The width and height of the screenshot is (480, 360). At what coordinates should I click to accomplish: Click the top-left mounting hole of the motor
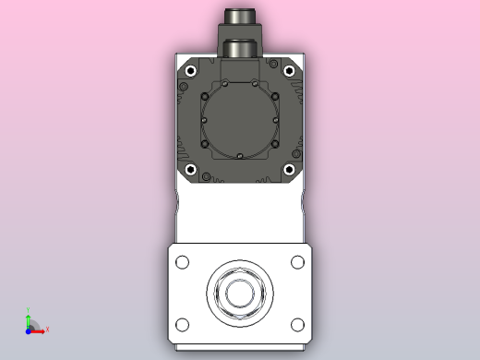(x=190, y=71)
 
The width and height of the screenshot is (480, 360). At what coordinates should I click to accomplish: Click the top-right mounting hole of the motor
(x=289, y=71)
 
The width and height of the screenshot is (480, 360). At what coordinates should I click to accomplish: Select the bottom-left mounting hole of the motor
(x=190, y=170)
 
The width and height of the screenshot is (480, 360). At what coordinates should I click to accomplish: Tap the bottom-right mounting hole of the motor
(x=289, y=170)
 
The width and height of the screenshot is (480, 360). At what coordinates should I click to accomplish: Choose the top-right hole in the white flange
(x=297, y=262)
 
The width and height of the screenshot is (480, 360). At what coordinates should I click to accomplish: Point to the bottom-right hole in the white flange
(x=297, y=325)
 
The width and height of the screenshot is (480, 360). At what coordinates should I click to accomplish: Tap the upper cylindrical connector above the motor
(x=240, y=16)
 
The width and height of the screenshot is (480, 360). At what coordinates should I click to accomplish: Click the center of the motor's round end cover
(x=239, y=120)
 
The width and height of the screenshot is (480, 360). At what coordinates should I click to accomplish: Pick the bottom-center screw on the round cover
(x=239, y=157)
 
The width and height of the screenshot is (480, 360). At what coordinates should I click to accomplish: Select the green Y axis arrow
(x=29, y=318)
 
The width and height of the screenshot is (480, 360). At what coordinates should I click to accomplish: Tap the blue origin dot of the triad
(x=29, y=329)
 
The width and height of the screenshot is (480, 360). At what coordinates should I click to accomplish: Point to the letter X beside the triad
(x=47, y=330)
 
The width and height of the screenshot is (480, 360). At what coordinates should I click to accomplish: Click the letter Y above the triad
(x=29, y=310)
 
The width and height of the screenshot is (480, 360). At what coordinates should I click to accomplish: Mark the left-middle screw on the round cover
(x=203, y=120)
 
